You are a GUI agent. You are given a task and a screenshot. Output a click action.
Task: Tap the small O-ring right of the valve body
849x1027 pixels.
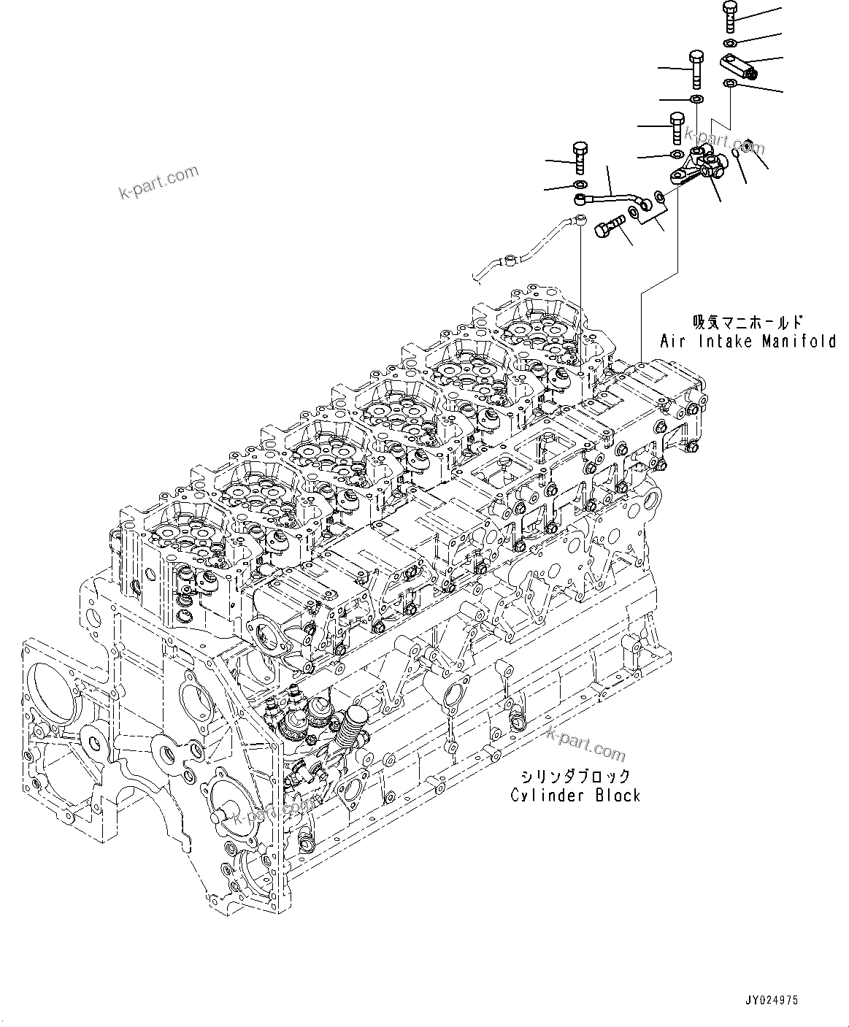pos(738,153)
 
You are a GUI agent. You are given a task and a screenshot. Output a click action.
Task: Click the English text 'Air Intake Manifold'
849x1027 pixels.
pos(748,341)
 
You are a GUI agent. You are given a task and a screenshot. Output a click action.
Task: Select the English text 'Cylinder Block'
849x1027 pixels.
pos(575,795)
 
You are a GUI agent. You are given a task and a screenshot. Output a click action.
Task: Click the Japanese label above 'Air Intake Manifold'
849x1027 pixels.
pos(748,322)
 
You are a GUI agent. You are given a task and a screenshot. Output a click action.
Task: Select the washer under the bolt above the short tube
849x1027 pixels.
pos(580,182)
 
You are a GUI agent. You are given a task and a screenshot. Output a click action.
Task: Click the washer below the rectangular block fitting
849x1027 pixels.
pos(729,84)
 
